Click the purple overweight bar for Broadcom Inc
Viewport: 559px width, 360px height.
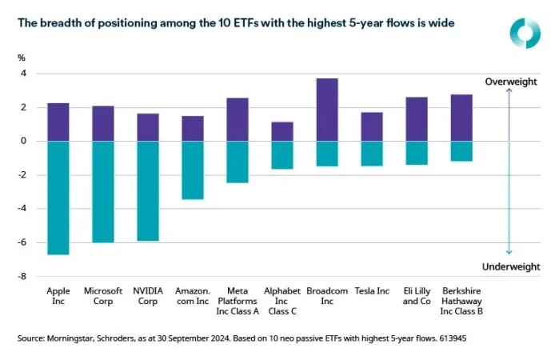(327, 110)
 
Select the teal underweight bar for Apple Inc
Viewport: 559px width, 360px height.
(58, 198)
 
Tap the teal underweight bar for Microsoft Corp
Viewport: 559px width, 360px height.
(103, 191)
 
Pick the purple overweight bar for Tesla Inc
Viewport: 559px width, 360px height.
(372, 126)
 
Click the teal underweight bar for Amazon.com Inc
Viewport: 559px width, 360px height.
(193, 170)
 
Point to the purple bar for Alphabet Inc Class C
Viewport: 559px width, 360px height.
(282, 131)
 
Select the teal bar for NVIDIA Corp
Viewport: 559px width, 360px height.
(148, 190)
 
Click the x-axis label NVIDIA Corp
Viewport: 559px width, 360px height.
(148, 296)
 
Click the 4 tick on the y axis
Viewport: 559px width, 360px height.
(23, 74)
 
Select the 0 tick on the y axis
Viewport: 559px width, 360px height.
(23, 141)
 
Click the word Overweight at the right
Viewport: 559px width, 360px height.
(511, 82)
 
